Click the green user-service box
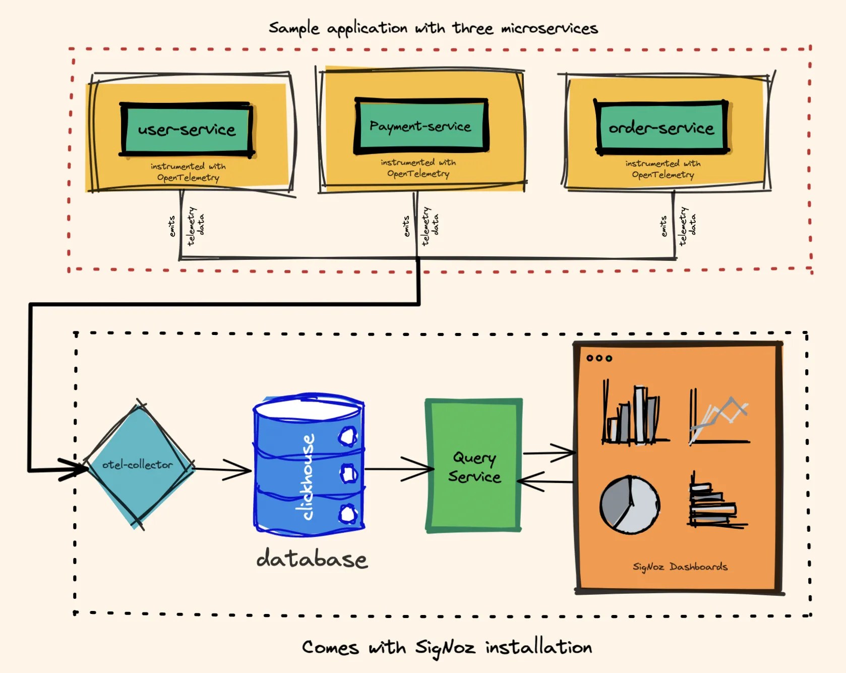[187, 129]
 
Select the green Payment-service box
[421, 126]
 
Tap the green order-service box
[661, 127]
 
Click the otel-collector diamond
[138, 465]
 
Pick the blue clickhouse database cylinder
[309, 464]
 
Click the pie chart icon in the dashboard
[629, 504]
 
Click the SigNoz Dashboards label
[680, 567]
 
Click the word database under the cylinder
[312, 559]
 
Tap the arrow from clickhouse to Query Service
[398, 469]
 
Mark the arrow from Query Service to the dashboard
[550, 453]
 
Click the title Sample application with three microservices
[433, 28]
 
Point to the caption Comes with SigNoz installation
[447, 647]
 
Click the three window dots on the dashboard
[599, 358]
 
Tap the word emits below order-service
[663, 226]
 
